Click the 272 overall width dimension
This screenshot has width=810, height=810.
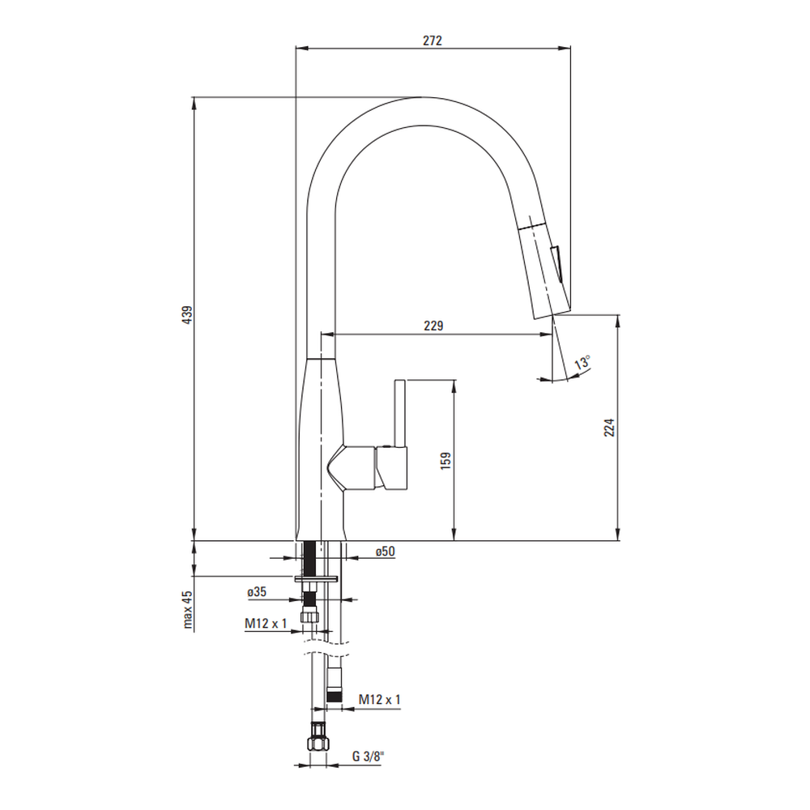[433, 40]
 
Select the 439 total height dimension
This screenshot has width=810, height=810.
[187, 314]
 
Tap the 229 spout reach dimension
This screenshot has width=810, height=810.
[433, 326]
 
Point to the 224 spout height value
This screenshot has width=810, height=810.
[610, 428]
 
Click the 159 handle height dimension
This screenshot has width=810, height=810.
[446, 460]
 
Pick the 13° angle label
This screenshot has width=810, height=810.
[582, 363]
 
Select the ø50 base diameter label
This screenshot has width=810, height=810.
[385, 552]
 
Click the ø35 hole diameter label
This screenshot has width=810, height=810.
[257, 592]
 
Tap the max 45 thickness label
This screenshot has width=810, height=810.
[187, 610]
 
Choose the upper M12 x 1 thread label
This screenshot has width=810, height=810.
[266, 624]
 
